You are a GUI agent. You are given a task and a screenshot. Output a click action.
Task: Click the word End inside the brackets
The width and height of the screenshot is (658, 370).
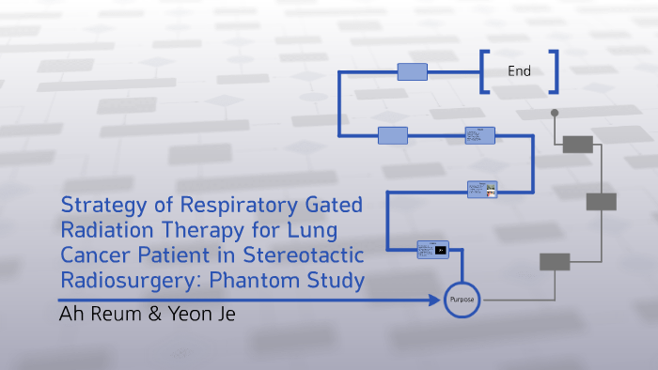click(519, 71)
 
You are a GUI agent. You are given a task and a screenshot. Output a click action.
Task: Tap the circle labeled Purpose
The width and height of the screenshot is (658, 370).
click(462, 300)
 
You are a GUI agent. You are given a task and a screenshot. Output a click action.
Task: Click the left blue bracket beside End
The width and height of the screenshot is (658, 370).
click(483, 71)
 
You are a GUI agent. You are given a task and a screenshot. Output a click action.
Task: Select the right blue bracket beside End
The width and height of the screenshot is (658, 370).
click(555, 71)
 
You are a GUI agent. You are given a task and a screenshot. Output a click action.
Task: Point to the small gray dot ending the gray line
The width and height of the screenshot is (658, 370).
click(555, 113)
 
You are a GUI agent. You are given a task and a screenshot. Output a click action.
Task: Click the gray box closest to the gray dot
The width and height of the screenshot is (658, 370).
click(577, 144)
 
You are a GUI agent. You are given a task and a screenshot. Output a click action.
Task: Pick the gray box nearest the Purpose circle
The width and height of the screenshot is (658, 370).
click(555, 262)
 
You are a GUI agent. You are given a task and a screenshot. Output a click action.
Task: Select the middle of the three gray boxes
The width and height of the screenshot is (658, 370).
click(601, 202)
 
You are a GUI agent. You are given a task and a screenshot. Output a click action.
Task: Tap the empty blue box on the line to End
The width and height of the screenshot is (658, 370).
click(412, 71)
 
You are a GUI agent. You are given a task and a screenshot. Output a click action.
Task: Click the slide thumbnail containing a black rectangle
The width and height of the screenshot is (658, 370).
click(432, 250)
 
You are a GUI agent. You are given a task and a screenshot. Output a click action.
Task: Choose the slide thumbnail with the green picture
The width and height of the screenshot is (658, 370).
click(482, 189)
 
